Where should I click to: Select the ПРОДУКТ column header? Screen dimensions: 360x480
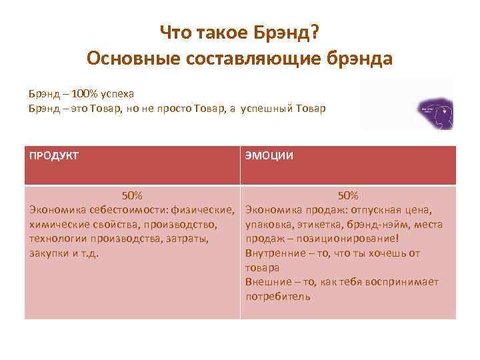tap(54, 156)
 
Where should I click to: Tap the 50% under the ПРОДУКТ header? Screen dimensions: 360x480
tap(131, 196)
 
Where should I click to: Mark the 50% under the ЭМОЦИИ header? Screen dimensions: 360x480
tap(348, 196)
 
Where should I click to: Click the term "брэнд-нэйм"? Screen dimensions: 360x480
tap(373, 225)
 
